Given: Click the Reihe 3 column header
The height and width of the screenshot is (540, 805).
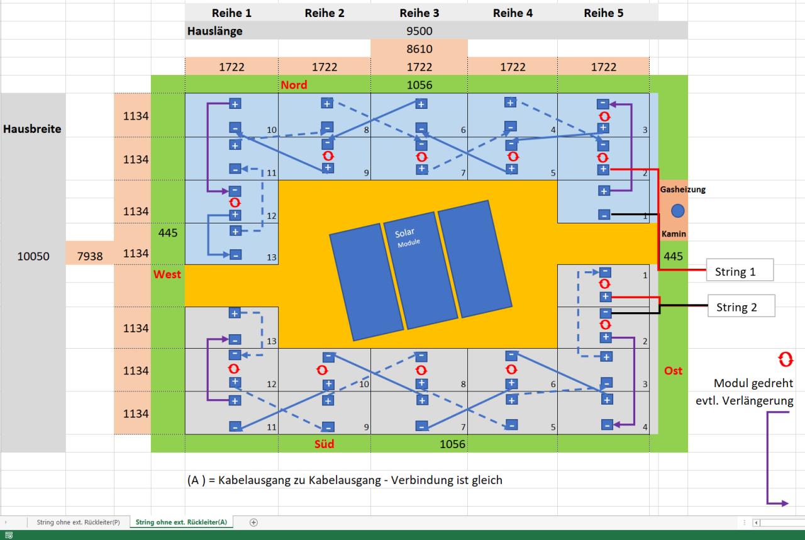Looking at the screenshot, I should tap(419, 13).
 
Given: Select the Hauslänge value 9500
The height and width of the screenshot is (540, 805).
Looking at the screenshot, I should tap(419, 31).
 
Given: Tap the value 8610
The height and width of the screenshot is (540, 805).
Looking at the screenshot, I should tap(419, 48).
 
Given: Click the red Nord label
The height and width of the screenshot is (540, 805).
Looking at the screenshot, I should tap(294, 84).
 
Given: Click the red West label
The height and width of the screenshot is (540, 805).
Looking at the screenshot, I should tap(167, 274).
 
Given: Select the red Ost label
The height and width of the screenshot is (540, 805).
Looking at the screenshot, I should tap(673, 371).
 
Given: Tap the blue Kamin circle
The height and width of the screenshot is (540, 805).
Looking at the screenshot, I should tap(677, 211).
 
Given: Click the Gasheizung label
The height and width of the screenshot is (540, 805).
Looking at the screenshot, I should tap(682, 189).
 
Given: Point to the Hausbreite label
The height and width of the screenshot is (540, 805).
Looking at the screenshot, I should tap(32, 128).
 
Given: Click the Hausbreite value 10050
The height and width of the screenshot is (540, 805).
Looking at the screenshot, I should tap(32, 256).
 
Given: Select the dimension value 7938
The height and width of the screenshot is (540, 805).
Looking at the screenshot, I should tap(90, 256).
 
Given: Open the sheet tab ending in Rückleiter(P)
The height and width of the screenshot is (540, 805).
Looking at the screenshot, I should tap(78, 522).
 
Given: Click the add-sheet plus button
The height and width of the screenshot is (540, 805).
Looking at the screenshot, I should tap(254, 522).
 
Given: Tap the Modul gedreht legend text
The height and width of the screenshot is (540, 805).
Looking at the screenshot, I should tap(758, 383).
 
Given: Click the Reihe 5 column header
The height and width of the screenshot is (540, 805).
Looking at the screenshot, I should tap(603, 13).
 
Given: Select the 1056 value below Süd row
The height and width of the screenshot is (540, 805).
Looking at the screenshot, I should tap(452, 444).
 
